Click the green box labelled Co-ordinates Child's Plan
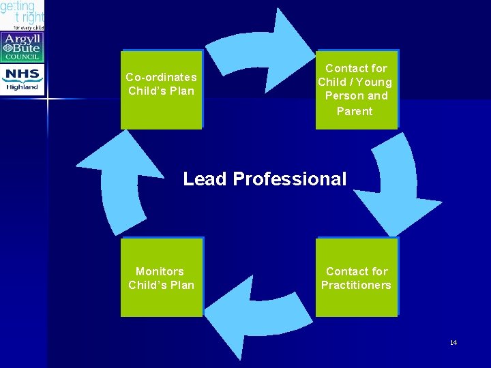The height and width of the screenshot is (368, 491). [x=162, y=90]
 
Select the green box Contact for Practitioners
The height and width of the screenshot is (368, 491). [x=356, y=277]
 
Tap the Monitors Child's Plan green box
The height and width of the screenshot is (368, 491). [x=162, y=277]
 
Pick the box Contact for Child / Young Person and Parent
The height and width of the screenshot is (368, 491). [x=356, y=90]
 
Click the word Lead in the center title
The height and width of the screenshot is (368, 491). [x=205, y=179]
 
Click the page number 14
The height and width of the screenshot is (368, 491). [x=453, y=342]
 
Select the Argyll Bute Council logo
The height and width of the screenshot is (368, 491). [x=23, y=47]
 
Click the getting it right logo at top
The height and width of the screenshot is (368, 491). [x=23, y=14]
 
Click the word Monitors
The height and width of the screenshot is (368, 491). [x=160, y=271]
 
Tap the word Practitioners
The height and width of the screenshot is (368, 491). [x=356, y=285]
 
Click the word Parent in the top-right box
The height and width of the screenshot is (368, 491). [x=355, y=111]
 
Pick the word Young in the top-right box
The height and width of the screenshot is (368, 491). [x=374, y=82]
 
